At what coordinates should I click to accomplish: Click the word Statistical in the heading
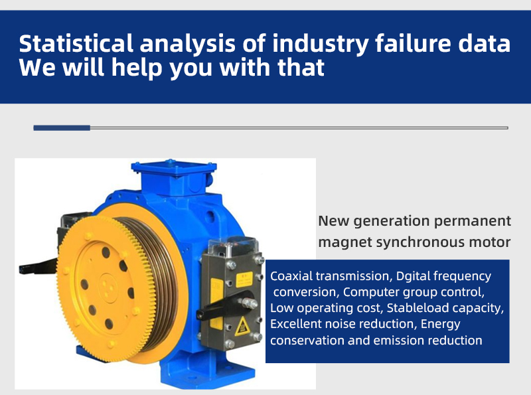pyautogui.click(x=76, y=43)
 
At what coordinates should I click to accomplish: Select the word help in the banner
pyautogui.click(x=137, y=68)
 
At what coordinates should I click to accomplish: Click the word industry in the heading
pyautogui.click(x=320, y=44)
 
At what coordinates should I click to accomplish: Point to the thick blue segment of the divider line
pyautogui.click(x=62, y=127)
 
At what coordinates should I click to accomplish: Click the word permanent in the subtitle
pyautogui.click(x=473, y=221)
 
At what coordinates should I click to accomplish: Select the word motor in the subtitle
pyautogui.click(x=490, y=242)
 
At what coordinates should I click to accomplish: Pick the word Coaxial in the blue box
pyautogui.click(x=291, y=276)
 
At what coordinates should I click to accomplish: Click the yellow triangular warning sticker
pyautogui.click(x=242, y=327)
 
